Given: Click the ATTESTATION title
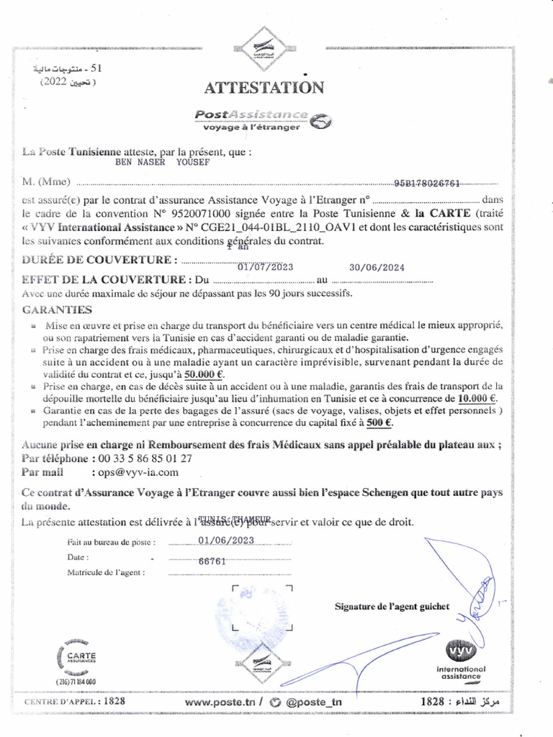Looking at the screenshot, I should (264, 88).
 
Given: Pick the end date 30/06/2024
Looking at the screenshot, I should (377, 266).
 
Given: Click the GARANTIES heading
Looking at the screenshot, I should (57, 309).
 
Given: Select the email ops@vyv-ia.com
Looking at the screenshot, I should (134, 473).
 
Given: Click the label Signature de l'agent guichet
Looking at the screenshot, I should (392, 606).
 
